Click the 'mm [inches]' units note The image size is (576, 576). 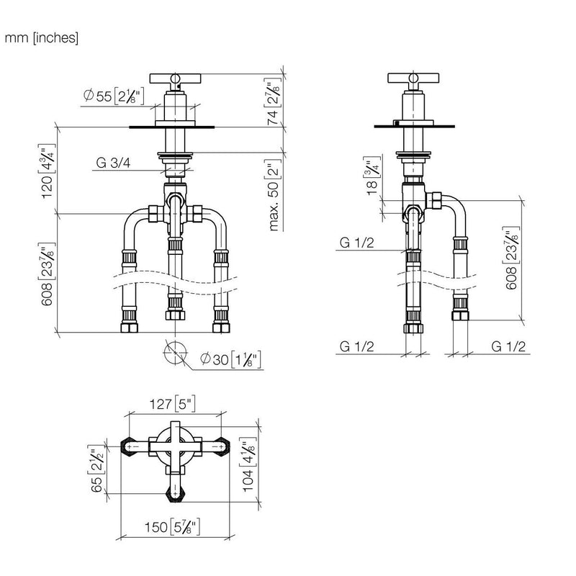click(x=42, y=38)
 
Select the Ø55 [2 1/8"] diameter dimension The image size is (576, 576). click(x=114, y=96)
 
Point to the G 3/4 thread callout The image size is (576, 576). click(x=113, y=163)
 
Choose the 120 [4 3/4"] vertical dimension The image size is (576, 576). click(x=48, y=171)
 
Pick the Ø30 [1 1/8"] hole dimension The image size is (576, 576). click(x=231, y=359)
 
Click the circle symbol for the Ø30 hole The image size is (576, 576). click(x=175, y=353)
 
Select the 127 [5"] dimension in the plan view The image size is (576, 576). click(x=172, y=404)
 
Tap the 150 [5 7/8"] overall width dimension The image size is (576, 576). click(x=172, y=527)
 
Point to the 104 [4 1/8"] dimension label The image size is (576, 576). click(x=248, y=464)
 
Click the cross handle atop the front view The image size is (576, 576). click(x=175, y=78)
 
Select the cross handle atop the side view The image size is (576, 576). click(x=413, y=78)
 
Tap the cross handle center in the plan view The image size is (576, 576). click(x=175, y=446)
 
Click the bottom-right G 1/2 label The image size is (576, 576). click(x=508, y=346)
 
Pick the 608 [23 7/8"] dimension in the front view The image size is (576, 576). click(x=48, y=274)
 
